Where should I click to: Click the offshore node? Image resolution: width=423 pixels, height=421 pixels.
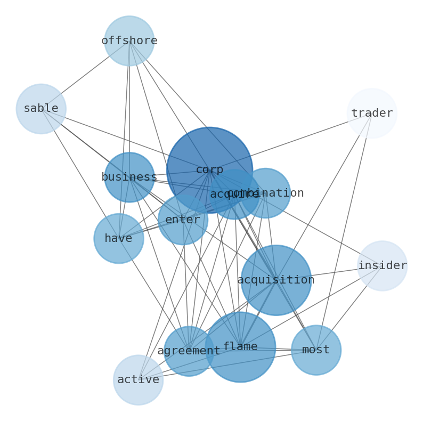(x=129, y=41)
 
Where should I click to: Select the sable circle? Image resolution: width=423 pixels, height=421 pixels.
(x=41, y=109)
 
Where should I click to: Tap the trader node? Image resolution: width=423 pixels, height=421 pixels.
(x=372, y=114)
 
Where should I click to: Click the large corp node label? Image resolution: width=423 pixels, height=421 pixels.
(x=209, y=170)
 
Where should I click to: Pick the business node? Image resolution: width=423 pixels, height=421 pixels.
(x=129, y=177)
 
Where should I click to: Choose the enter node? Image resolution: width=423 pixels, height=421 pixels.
(x=183, y=220)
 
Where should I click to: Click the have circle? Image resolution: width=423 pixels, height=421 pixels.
(x=118, y=239)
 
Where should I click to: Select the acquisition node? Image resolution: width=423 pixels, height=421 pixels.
(x=276, y=280)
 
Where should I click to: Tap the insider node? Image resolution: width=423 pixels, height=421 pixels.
(x=383, y=266)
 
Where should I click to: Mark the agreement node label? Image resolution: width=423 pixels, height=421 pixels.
(x=189, y=351)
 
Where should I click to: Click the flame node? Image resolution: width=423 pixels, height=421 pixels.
(x=240, y=347)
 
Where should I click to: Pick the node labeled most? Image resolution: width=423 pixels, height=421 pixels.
(x=316, y=350)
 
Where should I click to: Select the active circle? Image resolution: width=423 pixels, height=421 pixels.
(x=138, y=380)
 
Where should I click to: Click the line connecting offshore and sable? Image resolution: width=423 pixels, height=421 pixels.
(x=85, y=75)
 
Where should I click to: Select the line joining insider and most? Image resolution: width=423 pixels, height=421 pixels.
(x=349, y=308)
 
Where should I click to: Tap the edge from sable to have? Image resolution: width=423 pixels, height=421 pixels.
(x=80, y=174)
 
